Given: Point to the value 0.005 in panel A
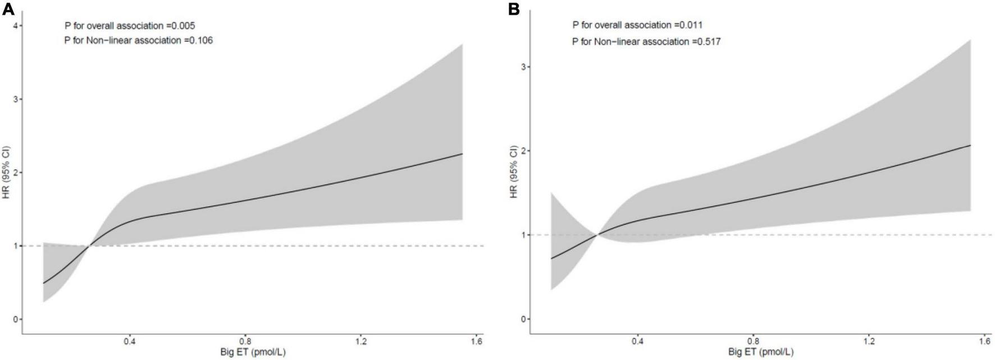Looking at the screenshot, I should tap(184, 25).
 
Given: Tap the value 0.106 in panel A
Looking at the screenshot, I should tap(201, 40).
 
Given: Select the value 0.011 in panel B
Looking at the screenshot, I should tap(691, 25).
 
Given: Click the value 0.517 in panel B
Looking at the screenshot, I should tap(709, 41).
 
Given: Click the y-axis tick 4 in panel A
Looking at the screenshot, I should tap(16, 25).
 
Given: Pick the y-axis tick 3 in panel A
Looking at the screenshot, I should tap(16, 99).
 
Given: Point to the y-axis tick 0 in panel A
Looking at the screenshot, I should tap(16, 319).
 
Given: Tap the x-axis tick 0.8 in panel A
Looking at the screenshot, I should tap(245, 341).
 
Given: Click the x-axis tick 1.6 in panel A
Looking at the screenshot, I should tap(476, 341).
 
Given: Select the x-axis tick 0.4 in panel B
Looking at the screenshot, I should tap(638, 341).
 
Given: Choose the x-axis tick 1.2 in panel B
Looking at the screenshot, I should tap(869, 341).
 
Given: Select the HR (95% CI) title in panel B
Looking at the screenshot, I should tap(513, 172).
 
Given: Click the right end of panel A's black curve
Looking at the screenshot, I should tap(462, 153).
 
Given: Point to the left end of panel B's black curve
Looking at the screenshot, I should tap(551, 258).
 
